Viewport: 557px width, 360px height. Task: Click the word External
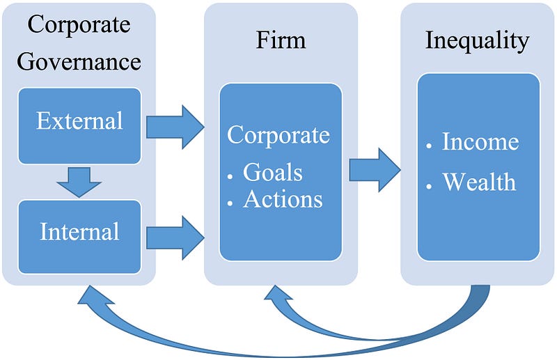(x=79, y=121)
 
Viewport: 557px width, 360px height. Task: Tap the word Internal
(x=79, y=230)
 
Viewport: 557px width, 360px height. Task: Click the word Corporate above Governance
(x=79, y=25)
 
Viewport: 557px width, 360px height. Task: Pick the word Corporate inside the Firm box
(x=278, y=135)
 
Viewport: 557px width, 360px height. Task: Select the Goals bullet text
(x=273, y=171)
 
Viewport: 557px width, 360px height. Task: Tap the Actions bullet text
(x=283, y=200)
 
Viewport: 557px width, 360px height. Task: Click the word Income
(x=480, y=142)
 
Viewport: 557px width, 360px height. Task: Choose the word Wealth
(x=479, y=182)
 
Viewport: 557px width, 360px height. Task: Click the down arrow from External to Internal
(x=79, y=183)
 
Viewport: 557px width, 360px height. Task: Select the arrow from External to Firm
(x=175, y=126)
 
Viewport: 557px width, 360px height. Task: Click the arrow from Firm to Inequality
(x=375, y=169)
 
